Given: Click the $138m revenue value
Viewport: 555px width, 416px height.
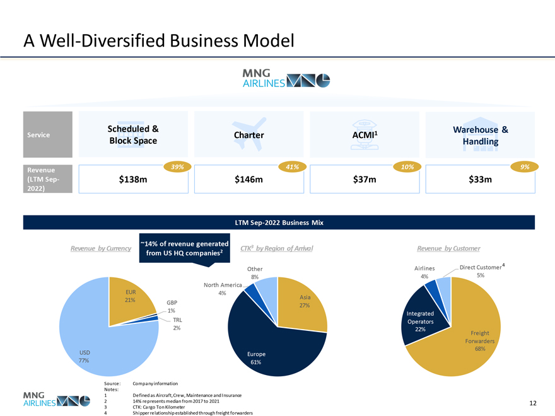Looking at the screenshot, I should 133,180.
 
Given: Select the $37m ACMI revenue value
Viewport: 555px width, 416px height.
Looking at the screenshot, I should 365,180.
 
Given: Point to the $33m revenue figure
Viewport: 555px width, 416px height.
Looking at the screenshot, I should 480,180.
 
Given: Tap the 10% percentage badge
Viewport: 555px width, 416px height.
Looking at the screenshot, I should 407,166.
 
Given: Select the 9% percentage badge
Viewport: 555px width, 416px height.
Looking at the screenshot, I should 524,166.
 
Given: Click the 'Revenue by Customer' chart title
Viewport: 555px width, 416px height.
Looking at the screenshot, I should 448,248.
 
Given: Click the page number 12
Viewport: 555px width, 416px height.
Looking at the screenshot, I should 533,403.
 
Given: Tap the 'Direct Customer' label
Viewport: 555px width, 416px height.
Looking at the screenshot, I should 481,267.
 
